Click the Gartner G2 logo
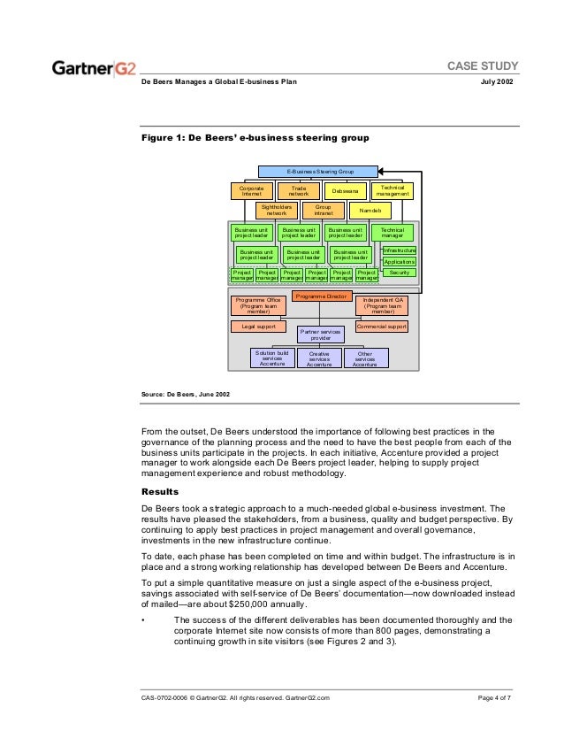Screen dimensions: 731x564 (x=95, y=67)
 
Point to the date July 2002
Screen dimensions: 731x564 (x=495, y=82)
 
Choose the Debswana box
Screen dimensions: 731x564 (x=344, y=191)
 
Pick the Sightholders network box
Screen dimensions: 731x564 (x=277, y=211)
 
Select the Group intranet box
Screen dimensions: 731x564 (x=324, y=211)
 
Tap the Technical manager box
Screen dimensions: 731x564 (x=392, y=232)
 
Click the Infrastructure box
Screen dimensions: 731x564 (x=399, y=251)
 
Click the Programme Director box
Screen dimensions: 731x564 (x=321, y=296)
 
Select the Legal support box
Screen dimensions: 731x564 (x=259, y=327)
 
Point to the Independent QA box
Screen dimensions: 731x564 (x=383, y=306)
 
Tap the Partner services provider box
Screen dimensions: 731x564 (x=320, y=333)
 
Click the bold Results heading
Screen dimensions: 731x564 (x=161, y=491)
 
